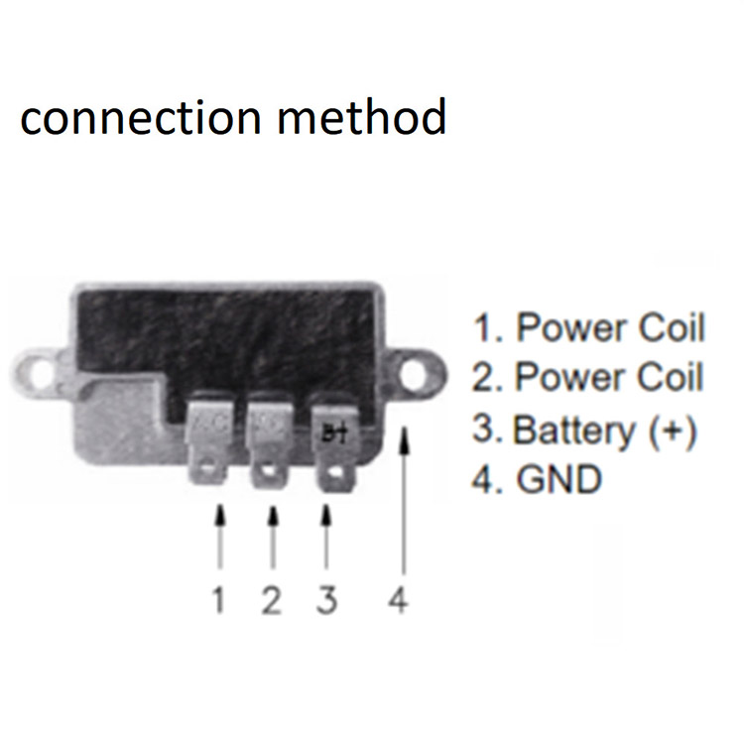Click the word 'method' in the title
tap(362, 118)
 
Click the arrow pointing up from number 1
tap(220, 541)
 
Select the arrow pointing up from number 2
tap(272, 541)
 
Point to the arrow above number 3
tap(326, 541)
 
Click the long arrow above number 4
tap(402, 506)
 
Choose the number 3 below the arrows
tap(326, 601)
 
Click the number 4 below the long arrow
tap(398, 601)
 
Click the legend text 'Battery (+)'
tap(604, 431)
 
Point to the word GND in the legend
tap(558, 480)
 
